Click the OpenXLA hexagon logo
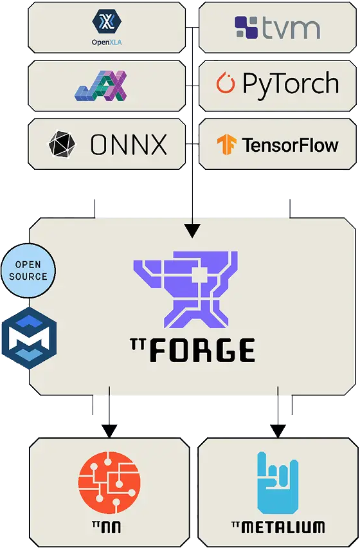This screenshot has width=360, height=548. pos(107,21)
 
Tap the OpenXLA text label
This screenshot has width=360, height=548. pos(107,42)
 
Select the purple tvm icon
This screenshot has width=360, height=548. pos(246,27)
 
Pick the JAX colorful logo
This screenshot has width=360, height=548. pos(100,86)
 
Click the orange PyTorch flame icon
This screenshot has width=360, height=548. pos(225,83)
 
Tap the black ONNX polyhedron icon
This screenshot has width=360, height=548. pos(62,143)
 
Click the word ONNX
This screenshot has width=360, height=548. pos(129,144)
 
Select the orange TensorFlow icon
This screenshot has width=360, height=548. pos(226,144)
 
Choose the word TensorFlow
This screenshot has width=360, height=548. pos(290,145)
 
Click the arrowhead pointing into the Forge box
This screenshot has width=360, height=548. pos(192,231)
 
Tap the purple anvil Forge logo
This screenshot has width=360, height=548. pos(186,289)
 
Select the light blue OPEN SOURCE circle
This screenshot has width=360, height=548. pos(28,271)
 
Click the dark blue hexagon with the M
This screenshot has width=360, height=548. pos(30,338)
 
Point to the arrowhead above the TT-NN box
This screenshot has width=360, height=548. pos(109,431)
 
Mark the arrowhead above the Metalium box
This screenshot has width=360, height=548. pos(278,431)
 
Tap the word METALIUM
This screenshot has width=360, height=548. pos(283,527)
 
